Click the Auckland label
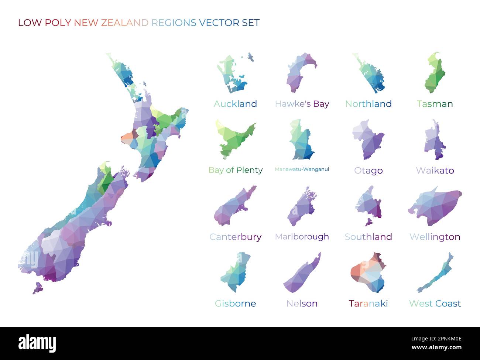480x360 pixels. point(235,104)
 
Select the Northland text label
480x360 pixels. point(368,104)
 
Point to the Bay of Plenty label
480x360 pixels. point(235,170)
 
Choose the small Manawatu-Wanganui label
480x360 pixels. point(302,169)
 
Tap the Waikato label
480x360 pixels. point(435,170)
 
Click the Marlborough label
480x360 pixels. point(302,237)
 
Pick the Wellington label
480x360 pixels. point(435,237)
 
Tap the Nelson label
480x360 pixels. point(302,304)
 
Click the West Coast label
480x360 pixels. point(435,304)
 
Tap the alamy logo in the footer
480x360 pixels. point(37,343)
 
